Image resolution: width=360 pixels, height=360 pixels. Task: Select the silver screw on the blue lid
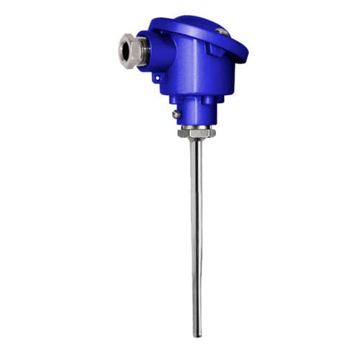pos(224,32)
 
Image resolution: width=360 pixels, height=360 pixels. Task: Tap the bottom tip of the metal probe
pos(197,335)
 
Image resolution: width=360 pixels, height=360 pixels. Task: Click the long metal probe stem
pos(196,238)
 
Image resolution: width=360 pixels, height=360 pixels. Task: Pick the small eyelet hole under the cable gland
pos(156,72)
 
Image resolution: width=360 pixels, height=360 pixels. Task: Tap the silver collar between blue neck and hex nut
pos(195,127)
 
